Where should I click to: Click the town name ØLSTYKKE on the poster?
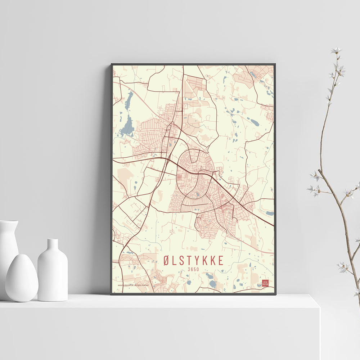pyautogui.click(x=193, y=260)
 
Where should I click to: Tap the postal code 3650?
pyautogui.click(x=193, y=269)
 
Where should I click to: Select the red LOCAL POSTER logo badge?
pyautogui.click(x=265, y=283)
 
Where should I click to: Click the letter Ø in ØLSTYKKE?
pyautogui.click(x=166, y=260)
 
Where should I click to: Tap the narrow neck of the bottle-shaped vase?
pyautogui.click(x=53, y=244)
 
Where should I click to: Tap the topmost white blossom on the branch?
pyautogui.click(x=336, y=50)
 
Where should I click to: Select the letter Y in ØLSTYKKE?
pyautogui.click(x=193, y=260)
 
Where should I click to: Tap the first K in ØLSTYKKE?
pyautogui.click(x=202, y=260)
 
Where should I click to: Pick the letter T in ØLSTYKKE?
pyautogui.click(x=184, y=260)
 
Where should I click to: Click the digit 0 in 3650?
pyautogui.click(x=198, y=269)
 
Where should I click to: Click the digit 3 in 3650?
pyautogui.click(x=189, y=269)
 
